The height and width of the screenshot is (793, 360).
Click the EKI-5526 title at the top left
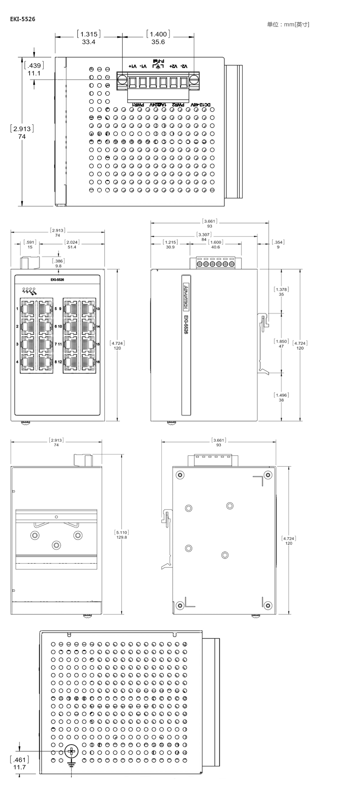click(x=22, y=19)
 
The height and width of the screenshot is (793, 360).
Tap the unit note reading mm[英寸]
click(x=288, y=24)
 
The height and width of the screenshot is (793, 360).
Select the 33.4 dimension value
click(x=88, y=42)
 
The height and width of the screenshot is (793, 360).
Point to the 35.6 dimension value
click(x=158, y=42)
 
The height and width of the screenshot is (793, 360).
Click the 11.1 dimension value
click(x=34, y=73)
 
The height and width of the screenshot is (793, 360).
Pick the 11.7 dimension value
click(x=19, y=767)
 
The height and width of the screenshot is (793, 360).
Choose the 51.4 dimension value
click(x=72, y=247)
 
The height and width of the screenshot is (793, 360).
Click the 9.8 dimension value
click(x=58, y=266)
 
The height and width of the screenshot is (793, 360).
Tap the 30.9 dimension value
click(x=170, y=247)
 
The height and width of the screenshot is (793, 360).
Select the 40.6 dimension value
click(x=216, y=247)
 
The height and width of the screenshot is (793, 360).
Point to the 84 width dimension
click(x=204, y=240)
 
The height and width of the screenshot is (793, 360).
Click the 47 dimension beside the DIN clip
click(x=281, y=346)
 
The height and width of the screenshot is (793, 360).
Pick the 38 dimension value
click(x=281, y=400)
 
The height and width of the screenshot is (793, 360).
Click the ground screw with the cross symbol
click(x=72, y=751)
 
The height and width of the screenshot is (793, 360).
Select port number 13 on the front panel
click(x=98, y=309)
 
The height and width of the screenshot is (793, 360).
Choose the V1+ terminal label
click(x=132, y=66)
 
